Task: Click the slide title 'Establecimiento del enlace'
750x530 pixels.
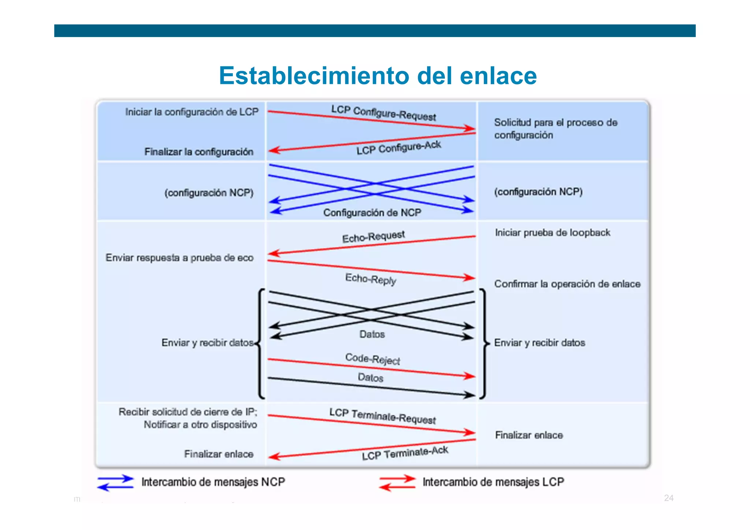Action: click(x=378, y=75)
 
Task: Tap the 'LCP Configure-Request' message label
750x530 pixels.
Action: click(x=383, y=113)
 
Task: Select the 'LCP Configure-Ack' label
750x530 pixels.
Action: click(x=398, y=148)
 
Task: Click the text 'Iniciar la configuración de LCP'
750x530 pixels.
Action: click(x=192, y=112)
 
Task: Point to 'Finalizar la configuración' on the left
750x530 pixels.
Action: click(x=199, y=152)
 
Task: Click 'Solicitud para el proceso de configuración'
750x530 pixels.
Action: click(x=555, y=129)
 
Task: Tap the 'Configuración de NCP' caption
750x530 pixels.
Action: click(x=372, y=212)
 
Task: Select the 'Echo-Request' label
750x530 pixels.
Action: click(x=373, y=236)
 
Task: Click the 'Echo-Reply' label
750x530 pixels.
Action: click(x=371, y=279)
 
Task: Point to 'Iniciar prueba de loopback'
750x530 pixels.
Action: click(x=552, y=233)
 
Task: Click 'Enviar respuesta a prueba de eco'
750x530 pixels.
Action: click(x=179, y=258)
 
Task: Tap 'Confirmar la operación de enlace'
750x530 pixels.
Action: click(x=567, y=284)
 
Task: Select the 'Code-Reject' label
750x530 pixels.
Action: click(x=372, y=359)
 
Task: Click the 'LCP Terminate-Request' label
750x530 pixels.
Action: click(x=382, y=416)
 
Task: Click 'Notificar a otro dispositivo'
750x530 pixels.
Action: click(x=200, y=425)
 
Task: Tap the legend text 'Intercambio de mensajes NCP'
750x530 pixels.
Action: click(x=213, y=482)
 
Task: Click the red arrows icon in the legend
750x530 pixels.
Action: click(x=397, y=483)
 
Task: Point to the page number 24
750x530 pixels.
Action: click(x=669, y=498)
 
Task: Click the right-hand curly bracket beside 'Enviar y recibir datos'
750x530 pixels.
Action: click(x=484, y=343)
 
